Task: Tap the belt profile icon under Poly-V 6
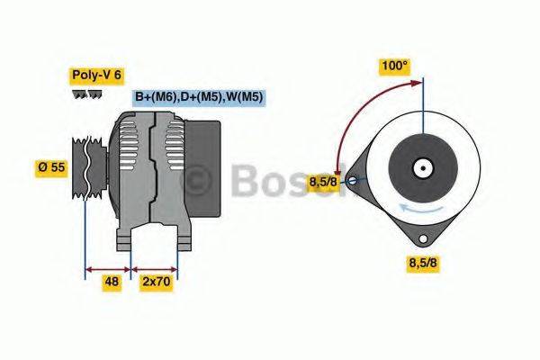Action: tap(87, 95)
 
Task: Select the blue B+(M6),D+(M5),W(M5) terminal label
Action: tap(198, 97)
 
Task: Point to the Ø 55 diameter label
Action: tap(52, 166)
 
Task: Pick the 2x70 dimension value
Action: tap(155, 280)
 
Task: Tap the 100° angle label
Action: tap(394, 66)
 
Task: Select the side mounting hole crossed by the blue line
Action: tap(352, 180)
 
